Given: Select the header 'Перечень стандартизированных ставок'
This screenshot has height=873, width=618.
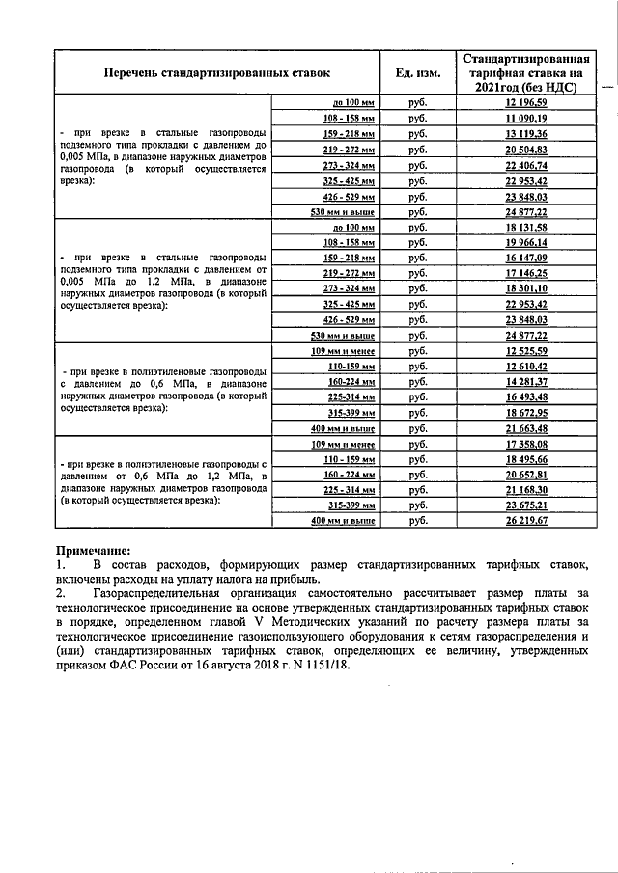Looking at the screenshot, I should pyautogui.click(x=217, y=72).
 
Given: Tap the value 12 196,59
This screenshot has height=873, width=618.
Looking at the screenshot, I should pyautogui.click(x=526, y=102).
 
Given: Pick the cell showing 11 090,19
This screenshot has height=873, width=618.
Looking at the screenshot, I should pyautogui.click(x=526, y=118).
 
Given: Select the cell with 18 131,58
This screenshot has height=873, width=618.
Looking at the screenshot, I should pyautogui.click(x=526, y=227).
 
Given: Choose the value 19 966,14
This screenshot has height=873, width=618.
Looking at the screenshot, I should pyautogui.click(x=526, y=242).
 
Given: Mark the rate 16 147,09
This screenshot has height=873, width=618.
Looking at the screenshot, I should pyautogui.click(x=526, y=259).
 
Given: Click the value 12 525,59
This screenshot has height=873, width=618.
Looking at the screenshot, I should pyautogui.click(x=526, y=351).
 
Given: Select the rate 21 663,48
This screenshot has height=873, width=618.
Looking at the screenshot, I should pyautogui.click(x=526, y=427).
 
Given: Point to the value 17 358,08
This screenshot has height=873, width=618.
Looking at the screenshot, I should pyautogui.click(x=526, y=444).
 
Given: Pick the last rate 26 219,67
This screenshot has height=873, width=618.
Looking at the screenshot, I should pyautogui.click(x=526, y=520).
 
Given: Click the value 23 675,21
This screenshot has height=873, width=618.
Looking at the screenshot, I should pyautogui.click(x=526, y=505).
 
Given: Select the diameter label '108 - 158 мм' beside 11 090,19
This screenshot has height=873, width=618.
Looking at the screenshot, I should pyautogui.click(x=349, y=118).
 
